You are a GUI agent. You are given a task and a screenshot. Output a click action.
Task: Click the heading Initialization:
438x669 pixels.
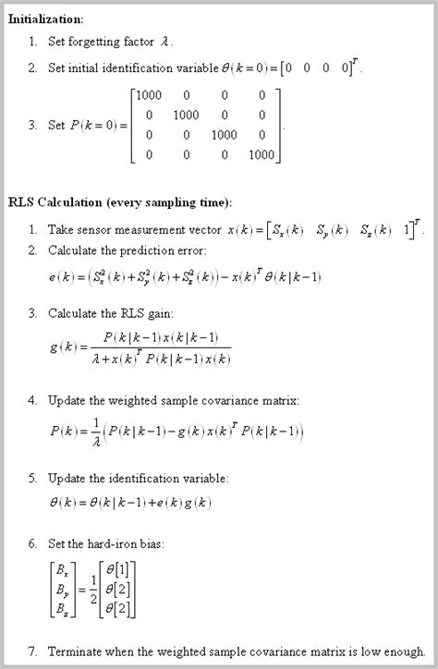pos(45,19)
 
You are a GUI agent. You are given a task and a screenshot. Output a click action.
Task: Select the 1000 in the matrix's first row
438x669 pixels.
pos(149,95)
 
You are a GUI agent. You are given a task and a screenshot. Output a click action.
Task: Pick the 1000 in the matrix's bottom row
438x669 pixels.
pos(262,155)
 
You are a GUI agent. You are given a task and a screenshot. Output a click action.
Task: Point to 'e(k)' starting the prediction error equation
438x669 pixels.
pos(61,277)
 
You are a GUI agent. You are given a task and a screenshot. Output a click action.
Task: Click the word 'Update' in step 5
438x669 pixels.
pos(66,478)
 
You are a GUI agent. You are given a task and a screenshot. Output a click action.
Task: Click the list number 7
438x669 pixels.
pos(32,651)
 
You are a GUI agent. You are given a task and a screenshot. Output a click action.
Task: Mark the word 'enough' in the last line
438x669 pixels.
pos(404,651)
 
